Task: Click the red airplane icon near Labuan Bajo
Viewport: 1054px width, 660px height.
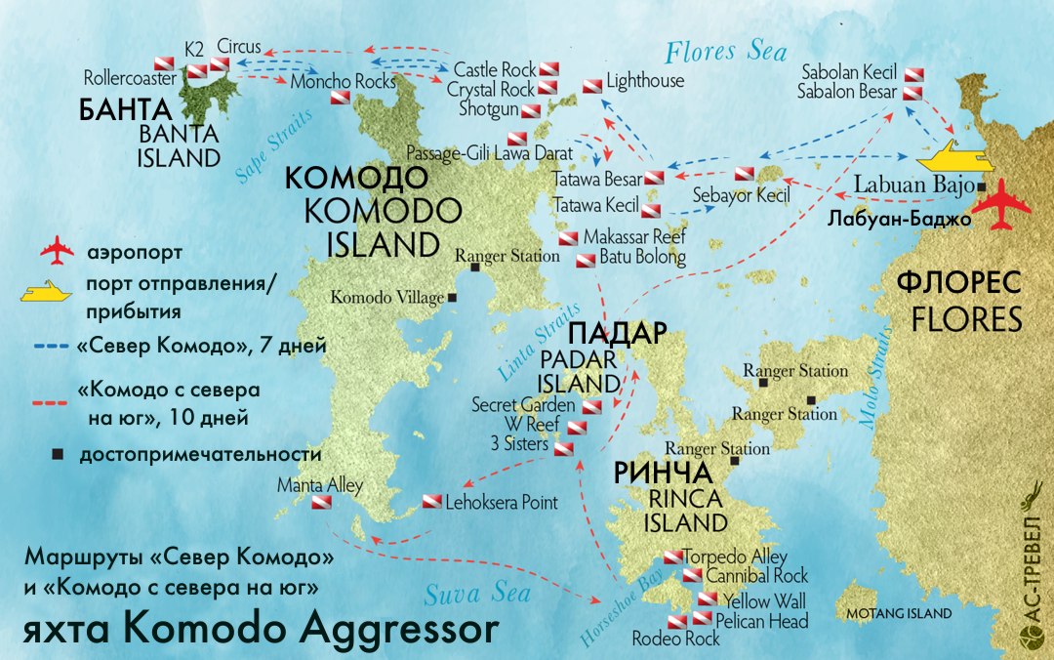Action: pyautogui.click(x=1003, y=206)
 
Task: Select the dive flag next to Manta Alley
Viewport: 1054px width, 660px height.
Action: pyautogui.click(x=321, y=504)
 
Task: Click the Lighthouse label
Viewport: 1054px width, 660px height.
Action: pyautogui.click(x=644, y=81)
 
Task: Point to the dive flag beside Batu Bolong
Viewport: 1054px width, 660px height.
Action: pyautogui.click(x=586, y=260)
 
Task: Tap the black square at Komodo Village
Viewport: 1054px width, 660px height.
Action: pyautogui.click(x=453, y=297)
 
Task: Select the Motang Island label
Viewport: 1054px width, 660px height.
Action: pyautogui.click(x=898, y=614)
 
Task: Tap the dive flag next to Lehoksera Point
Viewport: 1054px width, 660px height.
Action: pyautogui.click(x=431, y=503)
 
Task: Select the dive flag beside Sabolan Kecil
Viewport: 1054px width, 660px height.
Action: pyautogui.click(x=912, y=74)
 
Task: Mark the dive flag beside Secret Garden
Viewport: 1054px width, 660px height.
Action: pyautogui.click(x=591, y=406)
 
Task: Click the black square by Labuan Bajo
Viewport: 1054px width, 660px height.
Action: pyautogui.click(x=980, y=186)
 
